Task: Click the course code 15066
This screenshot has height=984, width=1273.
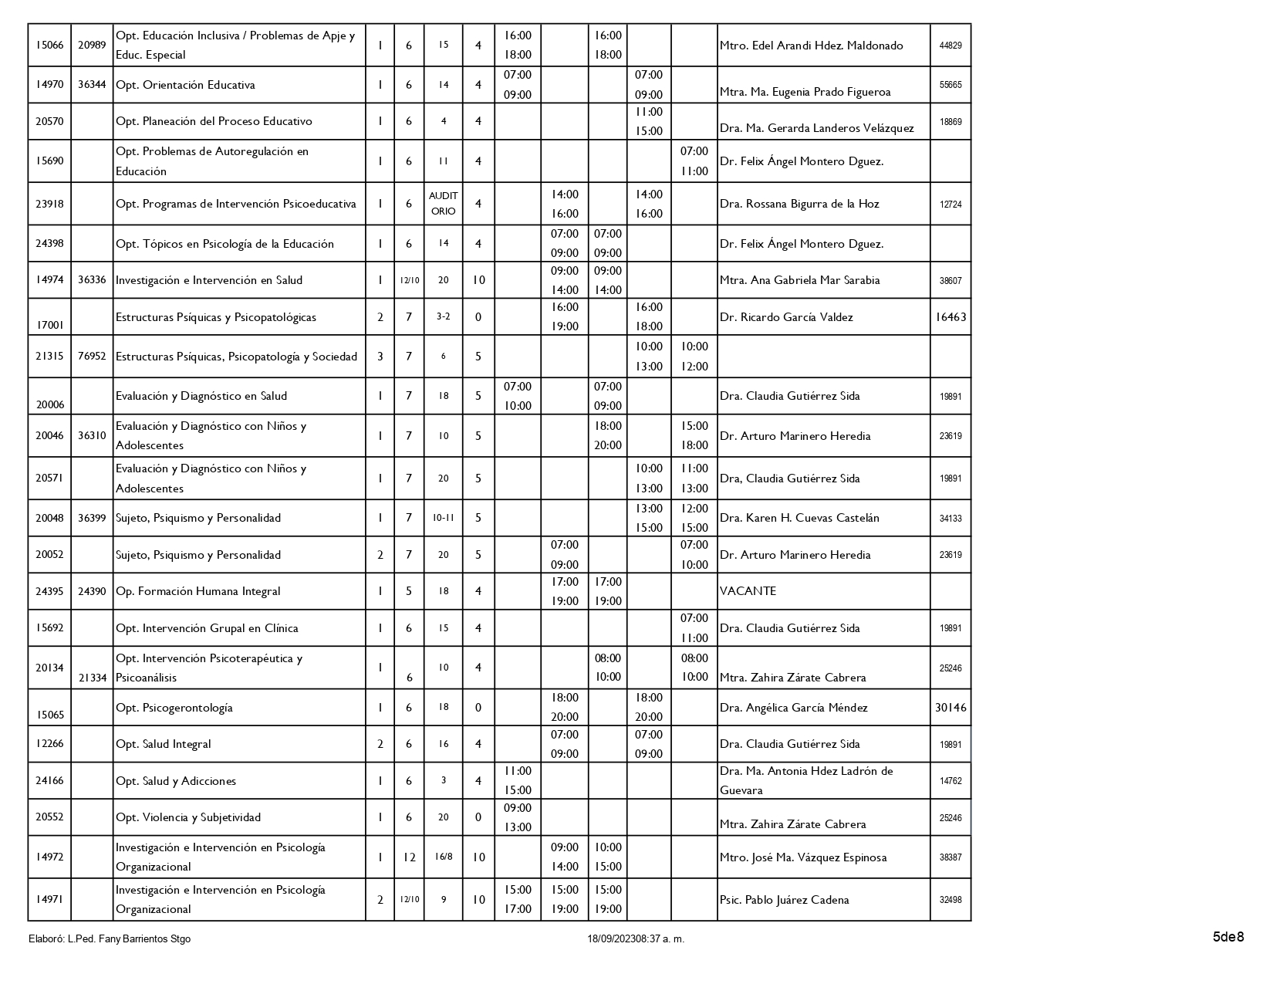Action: click(x=49, y=45)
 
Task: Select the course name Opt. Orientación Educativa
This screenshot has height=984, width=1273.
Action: click(x=185, y=85)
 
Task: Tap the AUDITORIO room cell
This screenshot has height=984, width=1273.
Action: click(x=443, y=203)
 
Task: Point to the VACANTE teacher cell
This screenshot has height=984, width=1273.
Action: click(x=748, y=591)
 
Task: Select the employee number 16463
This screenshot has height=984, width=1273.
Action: click(x=951, y=317)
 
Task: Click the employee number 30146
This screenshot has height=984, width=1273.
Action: click(x=951, y=708)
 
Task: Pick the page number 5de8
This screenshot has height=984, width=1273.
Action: click(x=1228, y=937)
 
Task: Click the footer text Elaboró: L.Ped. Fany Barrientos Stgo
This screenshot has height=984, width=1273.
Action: click(x=109, y=939)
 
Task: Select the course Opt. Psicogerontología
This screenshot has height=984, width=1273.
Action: click(x=174, y=708)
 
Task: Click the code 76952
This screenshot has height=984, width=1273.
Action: click(x=92, y=357)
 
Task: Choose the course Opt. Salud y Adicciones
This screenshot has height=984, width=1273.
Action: click(x=176, y=781)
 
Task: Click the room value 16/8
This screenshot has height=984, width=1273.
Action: click(x=443, y=857)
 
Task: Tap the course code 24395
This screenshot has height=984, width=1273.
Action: click(x=49, y=591)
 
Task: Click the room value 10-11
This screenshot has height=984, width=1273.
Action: click(x=443, y=518)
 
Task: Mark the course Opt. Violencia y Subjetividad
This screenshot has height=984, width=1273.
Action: click(x=188, y=817)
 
